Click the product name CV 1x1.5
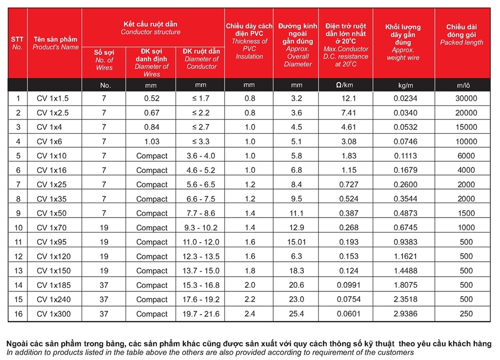click(x=52, y=98)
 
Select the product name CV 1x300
click(x=54, y=313)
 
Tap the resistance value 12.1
click(x=345, y=98)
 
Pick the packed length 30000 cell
click(x=466, y=98)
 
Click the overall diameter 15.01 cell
click(x=296, y=242)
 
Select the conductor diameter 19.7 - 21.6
click(x=200, y=314)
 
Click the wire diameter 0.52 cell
click(x=152, y=98)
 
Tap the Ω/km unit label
click(x=345, y=85)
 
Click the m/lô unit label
click(x=466, y=85)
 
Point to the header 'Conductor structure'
click(x=151, y=32)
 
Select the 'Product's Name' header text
click(x=56, y=47)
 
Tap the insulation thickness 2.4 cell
click(x=249, y=313)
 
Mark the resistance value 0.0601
click(x=345, y=313)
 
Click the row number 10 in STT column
click(x=19, y=227)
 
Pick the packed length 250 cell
click(x=466, y=313)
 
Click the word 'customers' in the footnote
click(x=397, y=352)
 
